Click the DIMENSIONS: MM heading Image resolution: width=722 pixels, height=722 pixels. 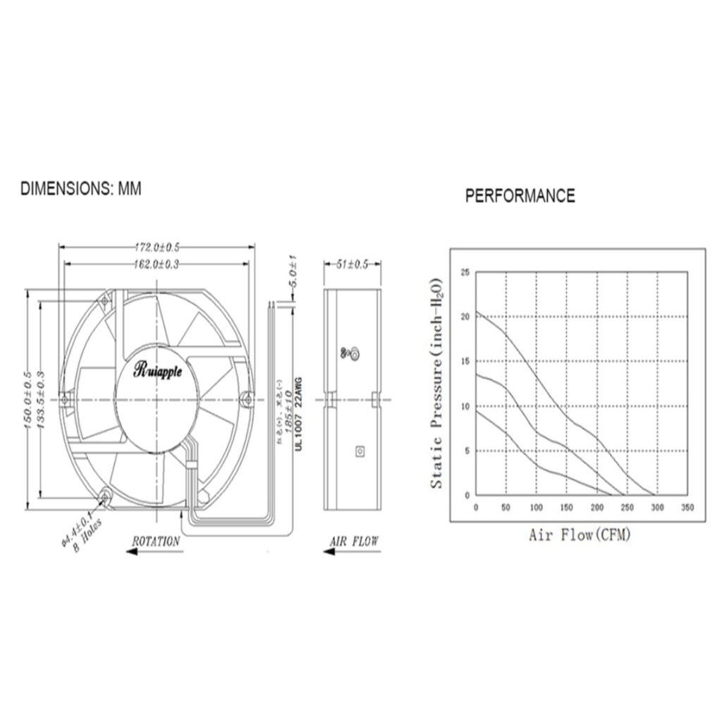pyautogui.click(x=81, y=189)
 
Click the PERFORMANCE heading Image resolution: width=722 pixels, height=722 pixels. pyautogui.click(x=520, y=195)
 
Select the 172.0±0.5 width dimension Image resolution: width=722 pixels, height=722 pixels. pyautogui.click(x=157, y=247)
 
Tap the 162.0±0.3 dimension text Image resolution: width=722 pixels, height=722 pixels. pyautogui.click(x=157, y=264)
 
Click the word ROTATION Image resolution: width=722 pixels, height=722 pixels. pyautogui.click(x=157, y=541)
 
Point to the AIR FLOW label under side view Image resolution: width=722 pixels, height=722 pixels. pyautogui.click(x=354, y=541)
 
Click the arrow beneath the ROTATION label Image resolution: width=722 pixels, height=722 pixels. pyautogui.click(x=155, y=553)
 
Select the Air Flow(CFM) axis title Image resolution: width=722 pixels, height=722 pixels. pyautogui.click(x=580, y=535)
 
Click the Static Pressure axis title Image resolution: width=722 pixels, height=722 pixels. pyautogui.click(x=436, y=384)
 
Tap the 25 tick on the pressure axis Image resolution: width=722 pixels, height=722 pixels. pyautogui.click(x=464, y=272)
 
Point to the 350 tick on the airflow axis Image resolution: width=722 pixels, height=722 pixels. pyautogui.click(x=687, y=508)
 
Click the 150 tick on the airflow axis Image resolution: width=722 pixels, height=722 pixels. pyautogui.click(x=566, y=508)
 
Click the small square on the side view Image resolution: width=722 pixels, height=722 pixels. pyautogui.click(x=358, y=451)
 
